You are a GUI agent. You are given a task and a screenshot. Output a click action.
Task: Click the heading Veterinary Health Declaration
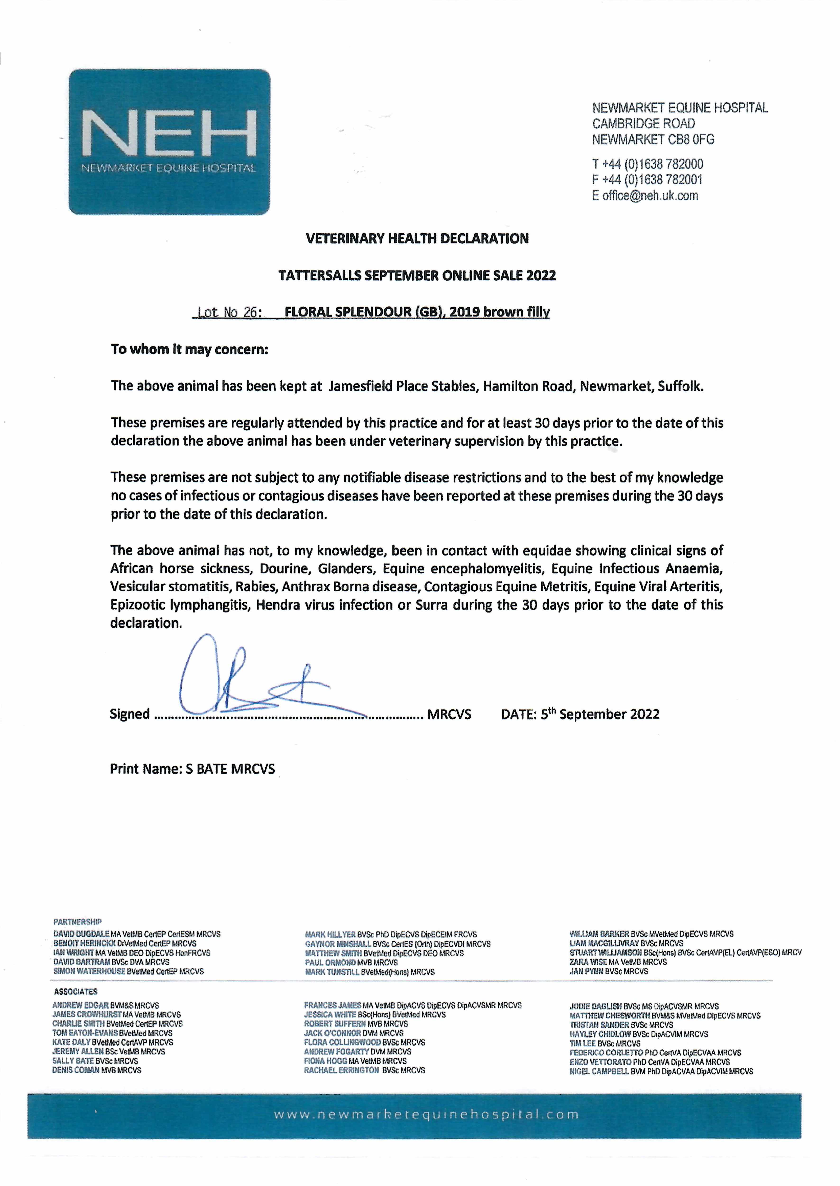point(417,239)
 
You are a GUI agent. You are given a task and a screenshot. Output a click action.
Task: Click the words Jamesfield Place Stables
point(403,386)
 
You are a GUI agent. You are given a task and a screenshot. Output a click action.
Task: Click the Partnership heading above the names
point(78,922)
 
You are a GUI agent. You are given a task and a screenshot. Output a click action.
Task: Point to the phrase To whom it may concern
point(189,349)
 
